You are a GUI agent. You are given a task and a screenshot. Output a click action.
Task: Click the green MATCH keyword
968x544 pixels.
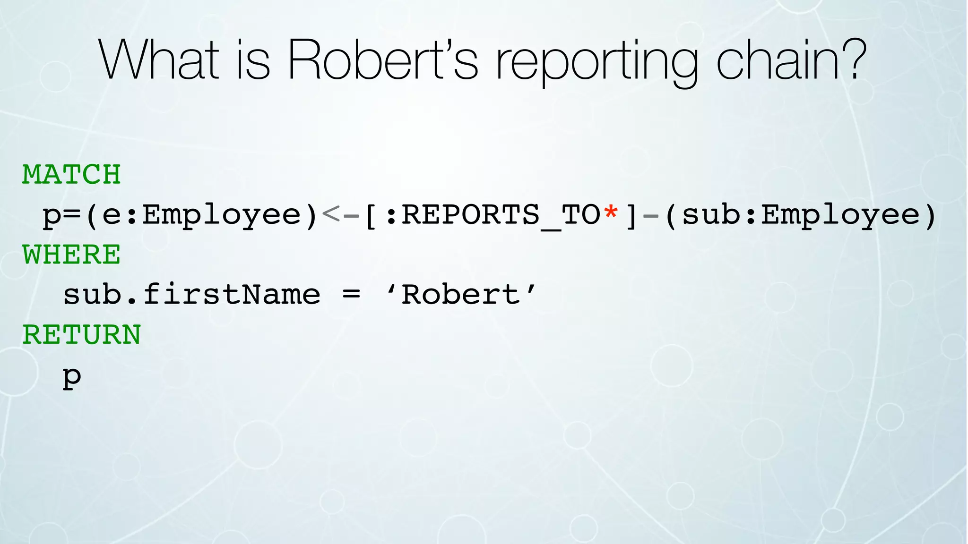pyautogui.click(x=71, y=175)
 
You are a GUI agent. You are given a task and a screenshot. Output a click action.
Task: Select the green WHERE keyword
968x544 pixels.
pyautogui.click(x=71, y=255)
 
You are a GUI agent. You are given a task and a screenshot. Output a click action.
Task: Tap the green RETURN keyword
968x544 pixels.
pyautogui.click(x=81, y=335)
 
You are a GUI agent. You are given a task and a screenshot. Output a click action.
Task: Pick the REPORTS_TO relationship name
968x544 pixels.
pyautogui.click(x=501, y=215)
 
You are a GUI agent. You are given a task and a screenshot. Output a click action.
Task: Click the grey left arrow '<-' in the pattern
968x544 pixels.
pyautogui.click(x=340, y=215)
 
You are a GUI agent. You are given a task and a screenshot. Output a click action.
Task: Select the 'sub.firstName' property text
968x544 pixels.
pyautogui.click(x=192, y=295)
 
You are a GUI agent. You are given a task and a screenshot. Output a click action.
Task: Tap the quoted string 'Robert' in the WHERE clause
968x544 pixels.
pyautogui.click(x=461, y=295)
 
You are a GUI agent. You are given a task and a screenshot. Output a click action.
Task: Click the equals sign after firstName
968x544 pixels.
pyautogui.click(x=351, y=296)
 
